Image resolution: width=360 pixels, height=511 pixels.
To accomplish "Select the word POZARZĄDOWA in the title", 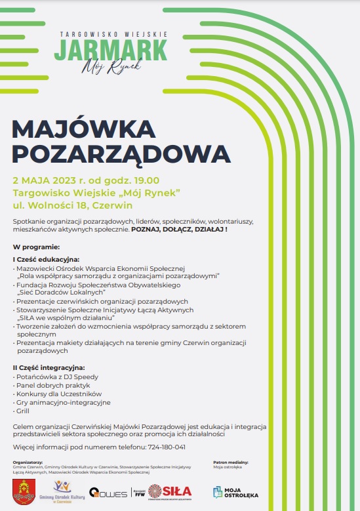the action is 122,153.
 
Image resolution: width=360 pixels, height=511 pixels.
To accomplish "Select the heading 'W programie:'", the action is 37,247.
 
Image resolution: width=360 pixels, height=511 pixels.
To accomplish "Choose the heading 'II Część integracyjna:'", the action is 49,367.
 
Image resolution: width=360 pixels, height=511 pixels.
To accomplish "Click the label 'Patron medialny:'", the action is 231,462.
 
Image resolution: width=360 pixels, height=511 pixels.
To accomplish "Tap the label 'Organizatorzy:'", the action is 28,462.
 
